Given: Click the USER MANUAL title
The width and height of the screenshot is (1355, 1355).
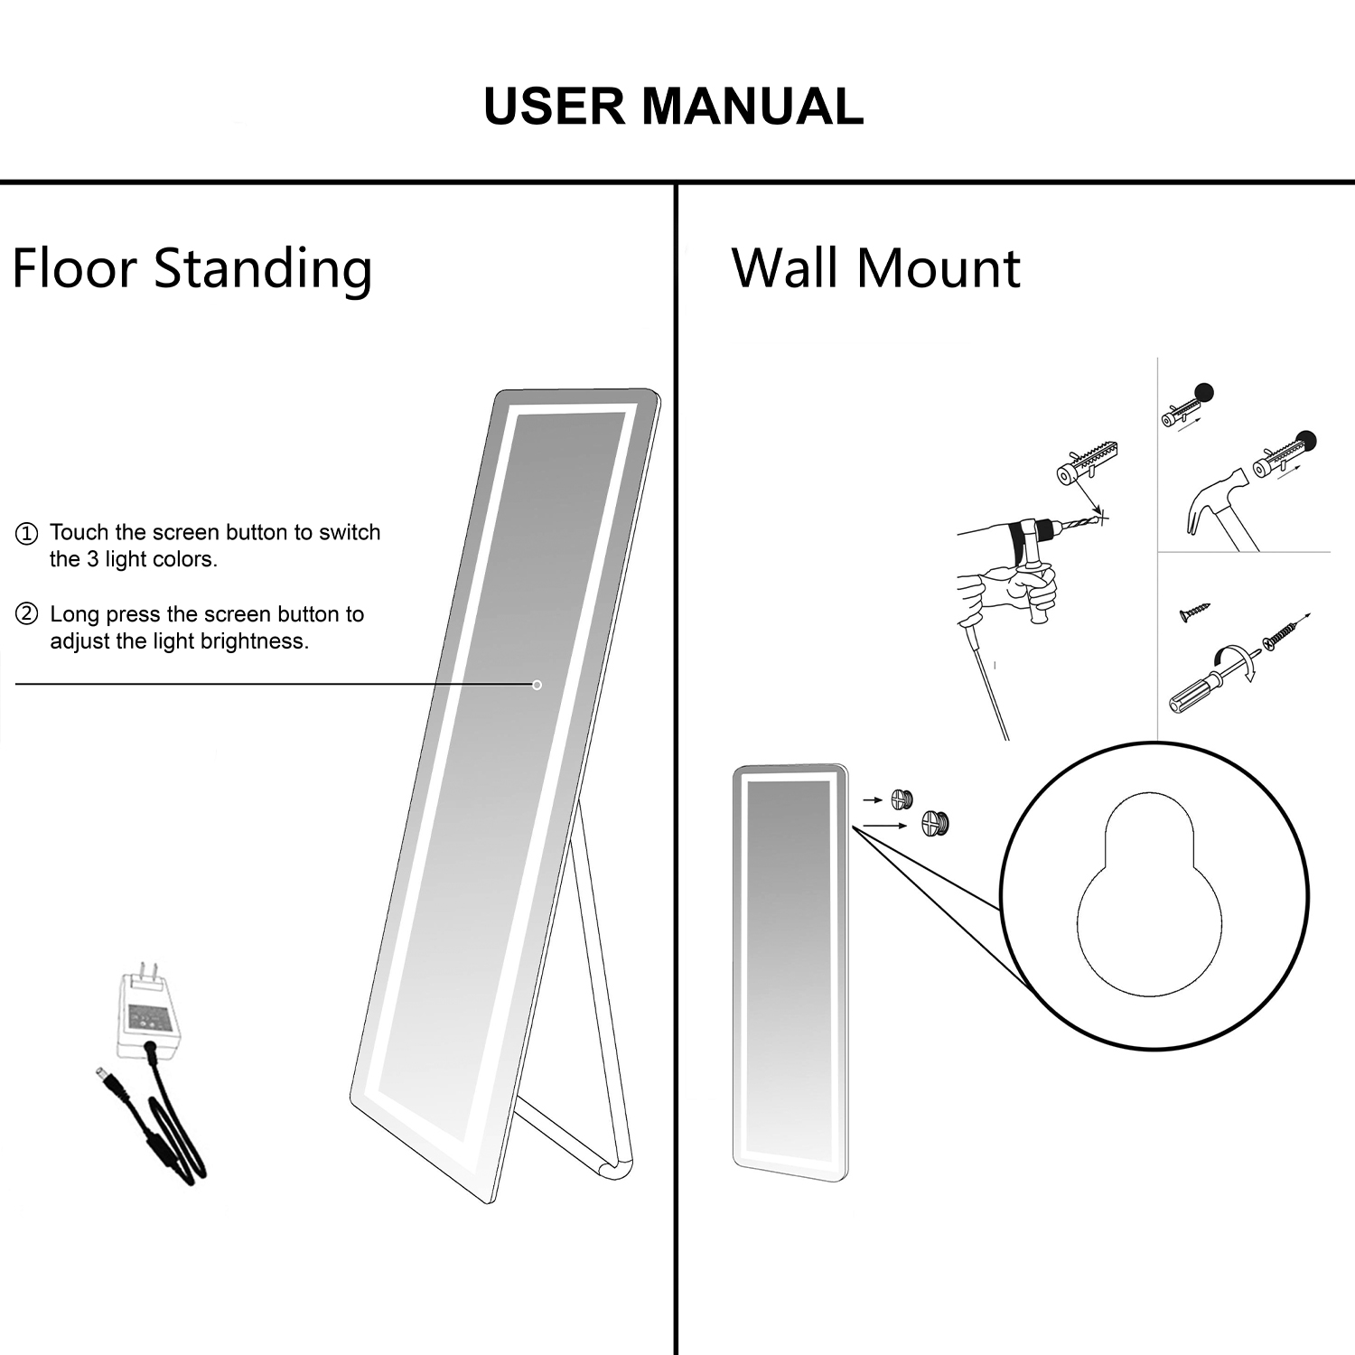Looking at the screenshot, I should click(x=673, y=107).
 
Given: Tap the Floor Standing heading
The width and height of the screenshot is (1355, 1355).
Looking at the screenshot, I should click(x=192, y=268).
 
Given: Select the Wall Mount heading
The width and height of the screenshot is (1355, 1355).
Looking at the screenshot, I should click(x=875, y=268).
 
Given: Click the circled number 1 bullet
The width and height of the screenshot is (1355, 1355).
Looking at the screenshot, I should click(x=27, y=533).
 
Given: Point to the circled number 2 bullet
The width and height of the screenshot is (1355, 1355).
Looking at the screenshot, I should click(x=27, y=615).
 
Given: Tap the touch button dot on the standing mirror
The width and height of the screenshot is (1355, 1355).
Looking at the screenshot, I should click(x=537, y=685).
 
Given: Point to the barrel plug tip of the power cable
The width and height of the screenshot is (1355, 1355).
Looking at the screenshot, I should click(x=102, y=1076).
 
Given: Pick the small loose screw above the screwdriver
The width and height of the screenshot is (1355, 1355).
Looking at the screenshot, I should click(x=1193, y=612).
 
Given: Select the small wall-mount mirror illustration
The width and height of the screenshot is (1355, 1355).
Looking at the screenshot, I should click(x=790, y=971).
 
